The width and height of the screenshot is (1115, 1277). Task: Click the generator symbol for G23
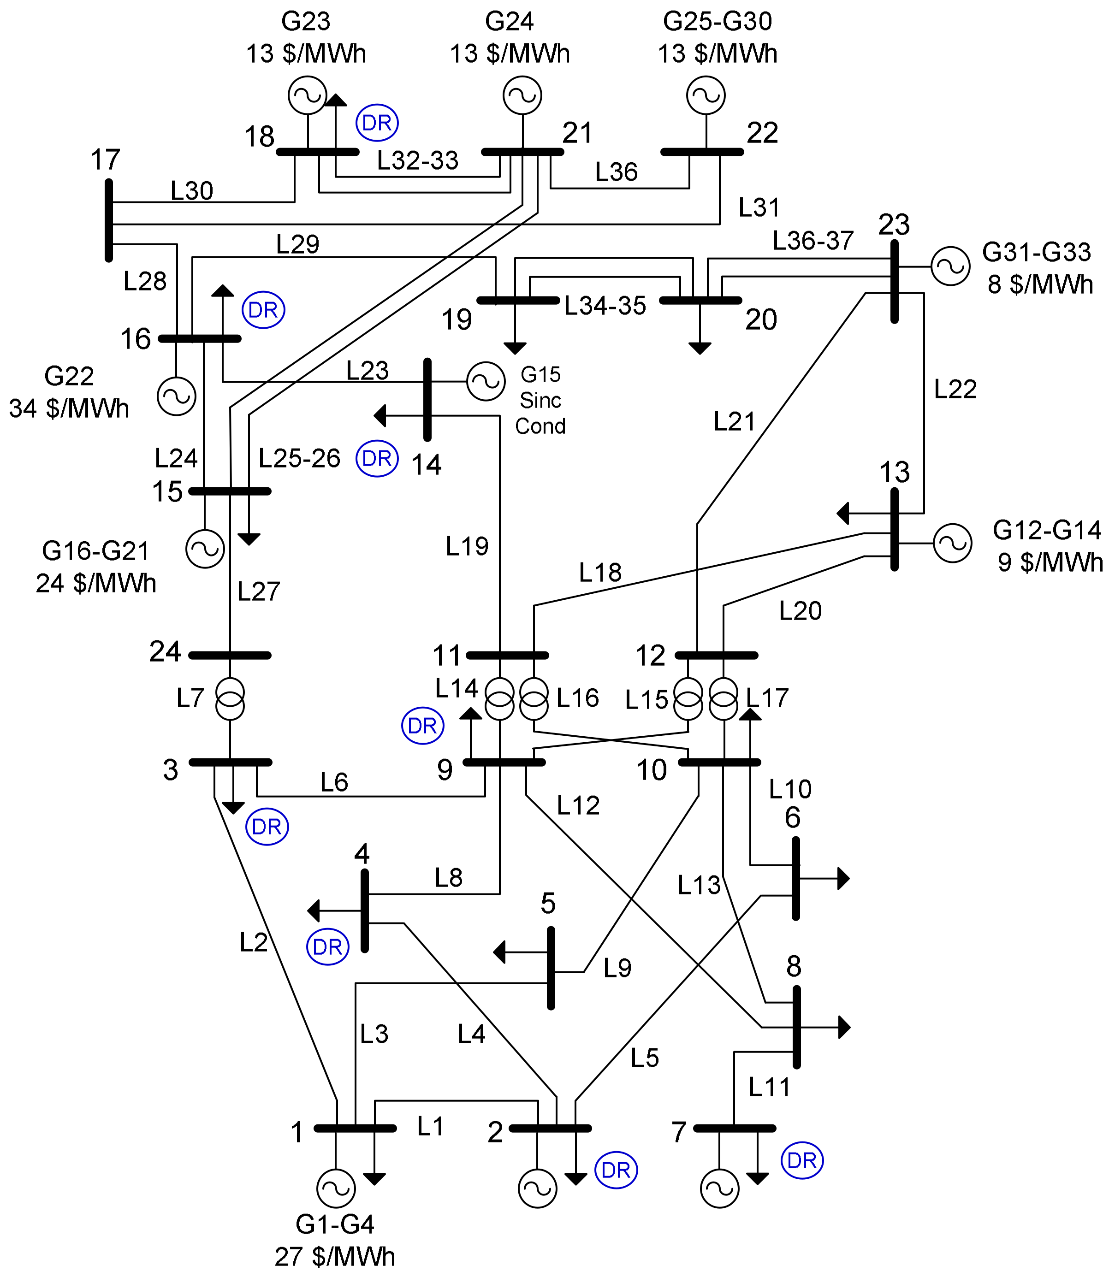click(x=308, y=95)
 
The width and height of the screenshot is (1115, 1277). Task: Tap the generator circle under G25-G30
click(x=706, y=95)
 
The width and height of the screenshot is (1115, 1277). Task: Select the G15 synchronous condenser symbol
click(x=486, y=381)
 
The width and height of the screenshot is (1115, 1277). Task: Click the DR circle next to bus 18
click(x=377, y=123)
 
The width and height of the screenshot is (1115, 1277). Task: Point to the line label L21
click(x=734, y=422)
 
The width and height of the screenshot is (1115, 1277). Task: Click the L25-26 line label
click(x=299, y=458)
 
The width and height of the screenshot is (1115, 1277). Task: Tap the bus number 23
click(x=894, y=225)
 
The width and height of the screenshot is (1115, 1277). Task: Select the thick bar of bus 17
click(x=109, y=221)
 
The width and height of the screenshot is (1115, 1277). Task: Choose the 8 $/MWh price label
click(x=1040, y=284)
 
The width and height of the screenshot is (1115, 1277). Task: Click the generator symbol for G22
click(x=177, y=396)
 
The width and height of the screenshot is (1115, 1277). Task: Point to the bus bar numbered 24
click(x=230, y=655)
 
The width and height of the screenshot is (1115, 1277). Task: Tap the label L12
click(x=578, y=805)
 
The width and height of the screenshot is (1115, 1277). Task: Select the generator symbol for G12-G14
click(x=952, y=543)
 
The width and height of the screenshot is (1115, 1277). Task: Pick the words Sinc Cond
click(x=540, y=413)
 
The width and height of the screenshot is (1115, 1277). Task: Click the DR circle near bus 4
click(x=327, y=947)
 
